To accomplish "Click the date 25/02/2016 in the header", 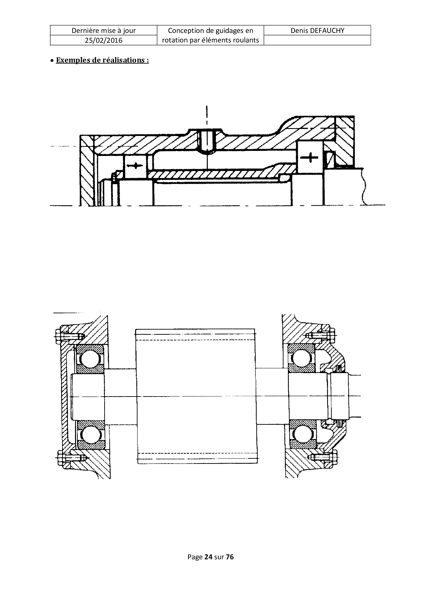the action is click(104, 40).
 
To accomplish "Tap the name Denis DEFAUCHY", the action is click(317, 31).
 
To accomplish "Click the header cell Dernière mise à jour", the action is click(104, 31).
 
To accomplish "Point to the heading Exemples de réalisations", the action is click(102, 60).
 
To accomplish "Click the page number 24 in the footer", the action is click(208, 557).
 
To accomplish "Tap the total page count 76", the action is click(230, 557).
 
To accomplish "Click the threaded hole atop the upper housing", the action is click(206, 141).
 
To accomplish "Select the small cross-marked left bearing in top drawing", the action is click(135, 165).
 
